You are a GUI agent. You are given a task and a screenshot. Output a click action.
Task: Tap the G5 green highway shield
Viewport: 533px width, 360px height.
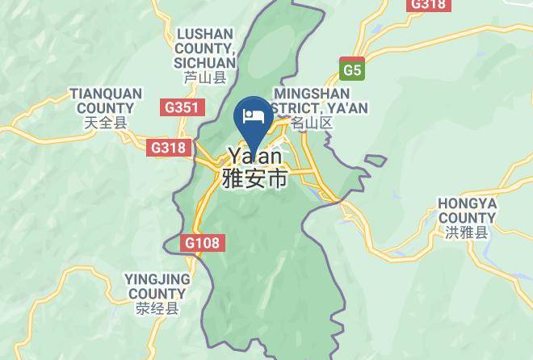click(x=351, y=69)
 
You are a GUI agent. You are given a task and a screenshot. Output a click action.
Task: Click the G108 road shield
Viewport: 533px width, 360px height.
click(x=201, y=243)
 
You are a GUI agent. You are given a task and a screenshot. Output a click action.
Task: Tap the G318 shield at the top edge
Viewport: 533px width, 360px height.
click(x=428, y=5)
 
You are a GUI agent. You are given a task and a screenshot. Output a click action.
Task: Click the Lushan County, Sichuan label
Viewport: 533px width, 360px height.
click(x=204, y=48)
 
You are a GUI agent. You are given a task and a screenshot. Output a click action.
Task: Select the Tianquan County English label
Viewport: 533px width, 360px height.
click(x=106, y=101)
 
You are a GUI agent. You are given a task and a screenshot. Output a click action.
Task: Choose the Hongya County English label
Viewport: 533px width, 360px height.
click(x=468, y=210)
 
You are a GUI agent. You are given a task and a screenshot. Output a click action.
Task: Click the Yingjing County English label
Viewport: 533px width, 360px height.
click(x=157, y=286)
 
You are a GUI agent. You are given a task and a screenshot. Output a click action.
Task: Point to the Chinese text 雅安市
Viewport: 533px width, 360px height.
click(x=255, y=178)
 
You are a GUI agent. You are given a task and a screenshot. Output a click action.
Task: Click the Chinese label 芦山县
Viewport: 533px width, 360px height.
click(x=204, y=78)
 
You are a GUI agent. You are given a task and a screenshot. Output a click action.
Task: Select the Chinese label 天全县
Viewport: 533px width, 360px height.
click(x=106, y=123)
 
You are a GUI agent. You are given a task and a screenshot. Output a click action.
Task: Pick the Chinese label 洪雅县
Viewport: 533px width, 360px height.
click(x=468, y=232)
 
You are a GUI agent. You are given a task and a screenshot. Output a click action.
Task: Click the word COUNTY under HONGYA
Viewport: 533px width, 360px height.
click(x=468, y=217)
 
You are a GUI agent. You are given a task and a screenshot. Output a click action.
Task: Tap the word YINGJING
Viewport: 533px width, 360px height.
click(x=157, y=278)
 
